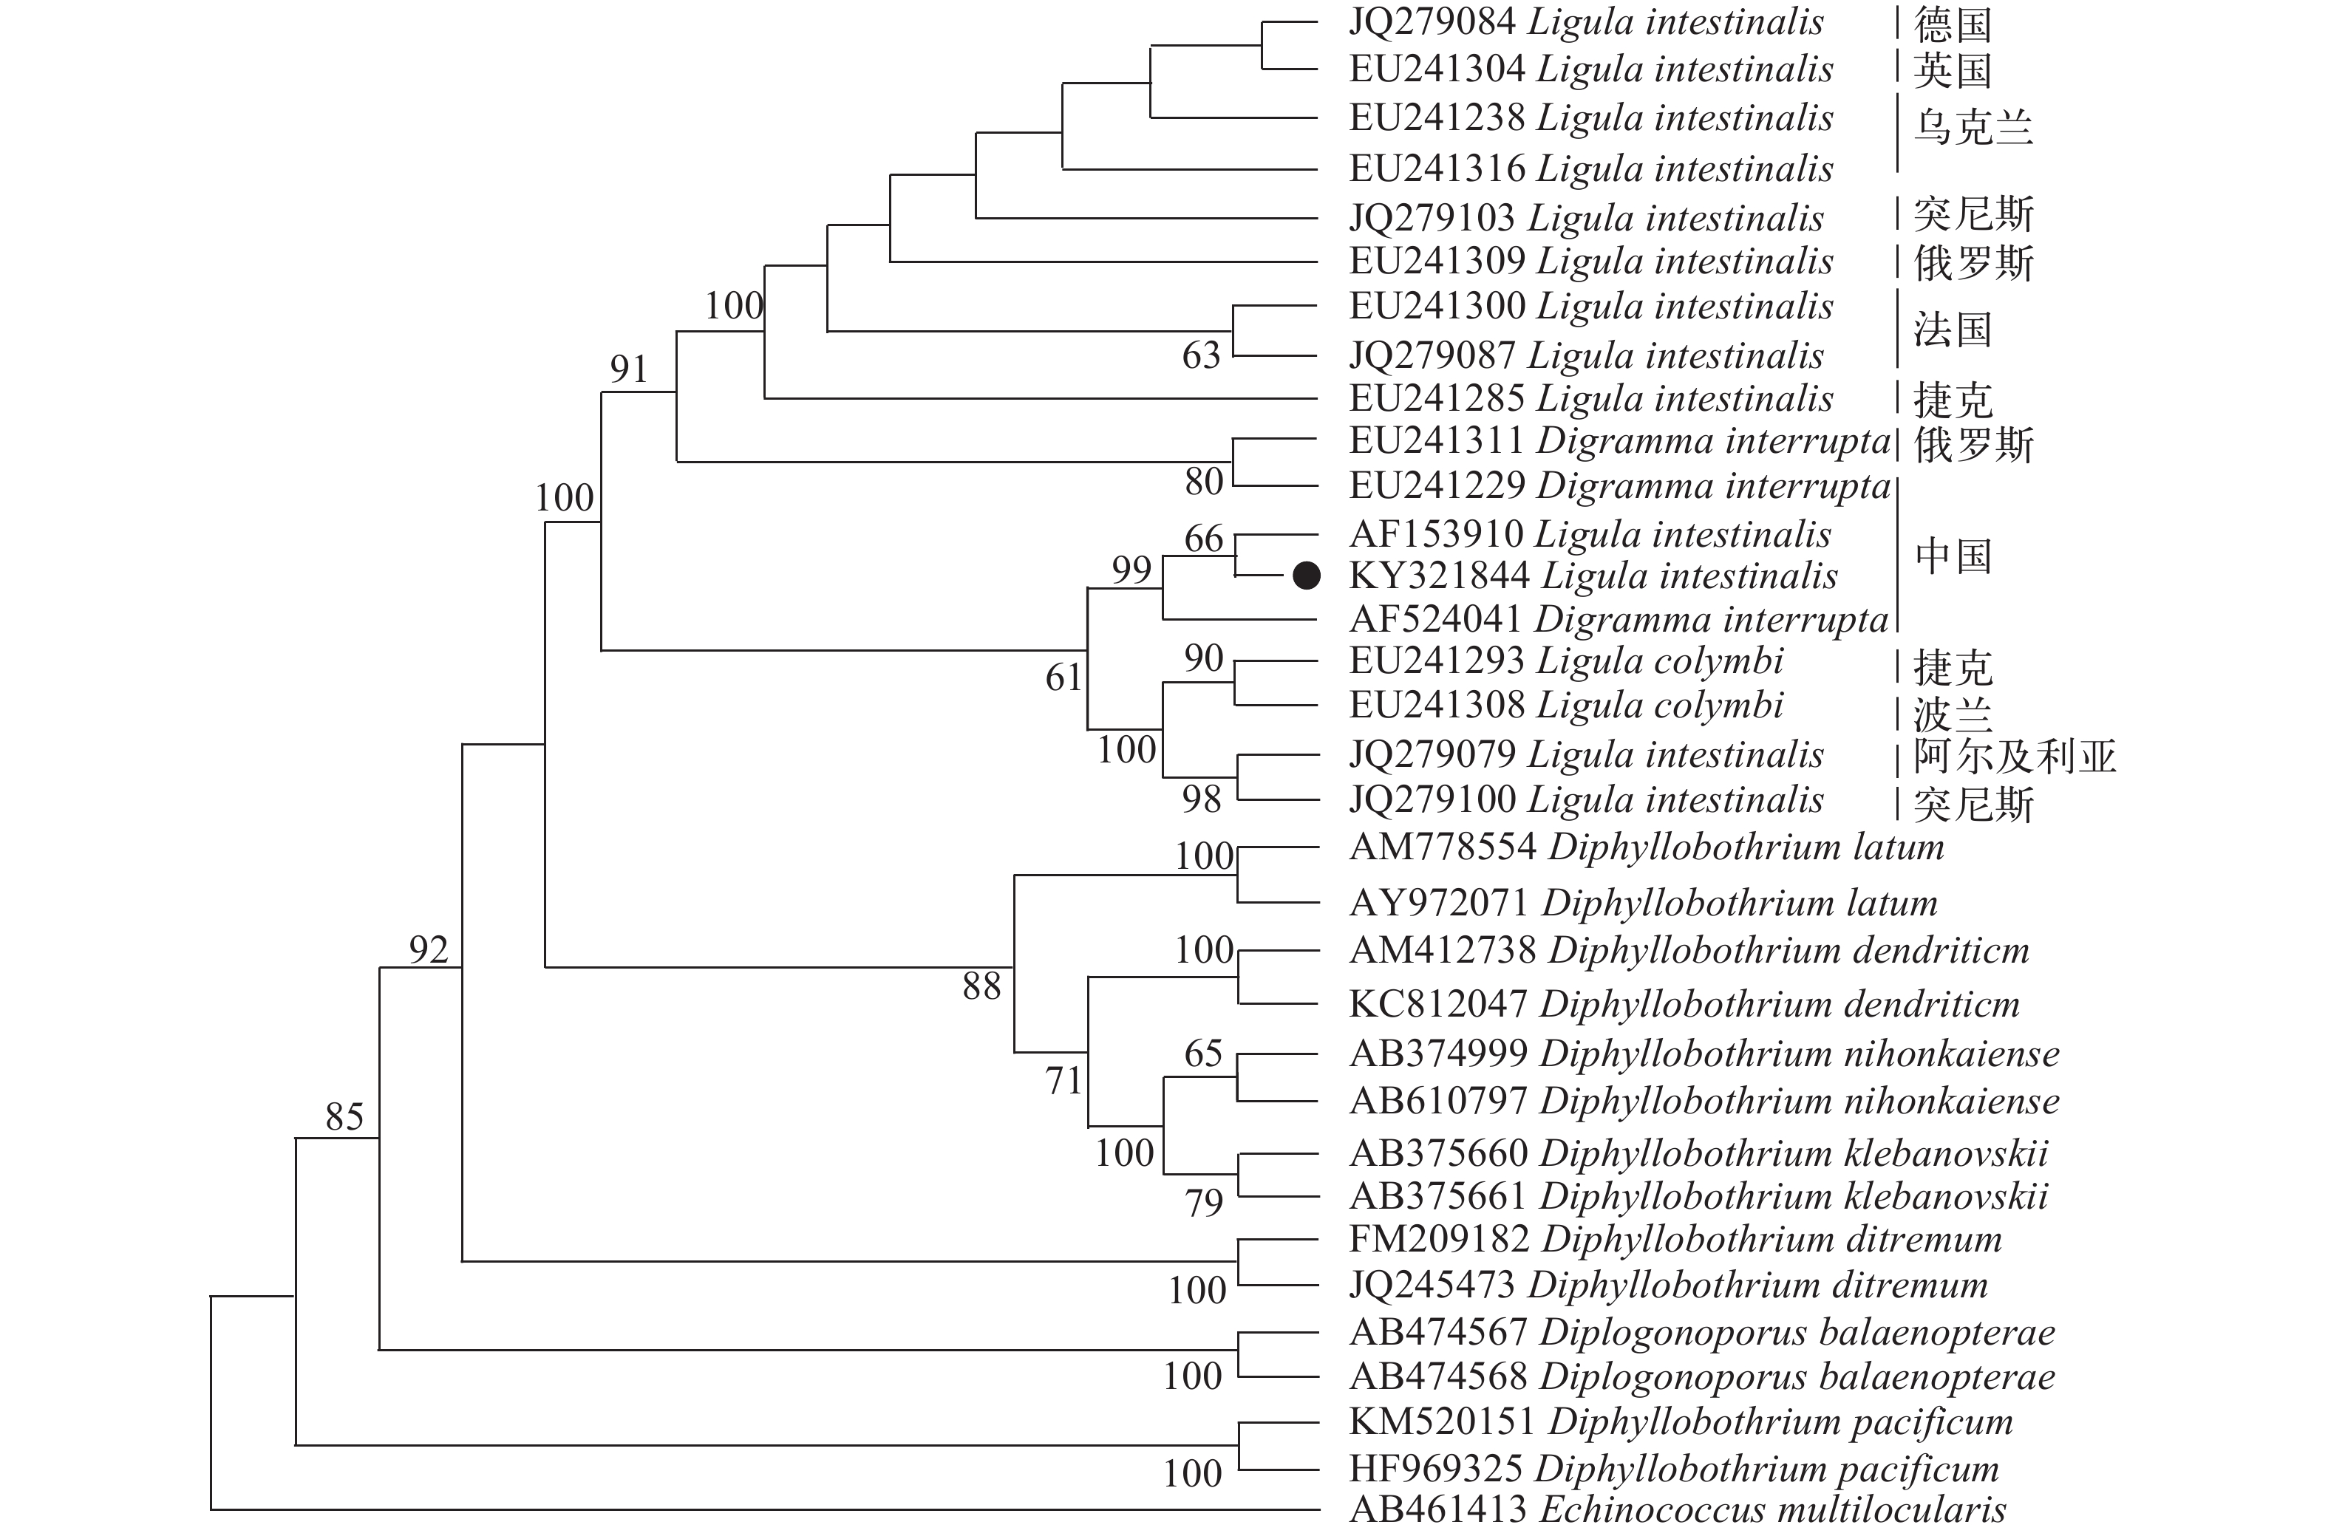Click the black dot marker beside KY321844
1306,576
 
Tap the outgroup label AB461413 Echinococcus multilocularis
1676,1509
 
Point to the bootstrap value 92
428,949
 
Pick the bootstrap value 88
981,986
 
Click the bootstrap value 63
1201,355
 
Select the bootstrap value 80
1204,482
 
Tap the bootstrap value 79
1204,1203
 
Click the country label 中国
1953,556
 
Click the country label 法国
1953,330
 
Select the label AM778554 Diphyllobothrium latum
1646,847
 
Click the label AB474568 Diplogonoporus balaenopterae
1701,1377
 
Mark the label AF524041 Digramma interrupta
1619,619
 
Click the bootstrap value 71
1063,1080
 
